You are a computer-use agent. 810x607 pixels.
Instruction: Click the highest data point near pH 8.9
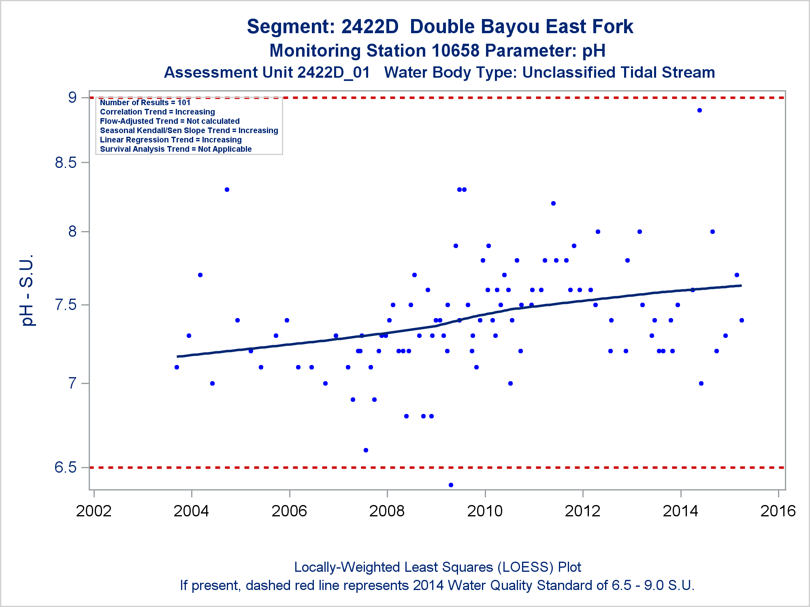pyautogui.click(x=699, y=110)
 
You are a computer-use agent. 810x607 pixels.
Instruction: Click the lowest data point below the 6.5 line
pyautogui.click(x=451, y=485)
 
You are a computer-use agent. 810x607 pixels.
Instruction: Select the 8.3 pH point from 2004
pyautogui.click(x=227, y=189)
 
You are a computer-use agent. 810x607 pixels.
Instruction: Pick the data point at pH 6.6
pyautogui.click(x=366, y=450)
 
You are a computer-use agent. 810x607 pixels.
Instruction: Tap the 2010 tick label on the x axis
pyautogui.click(x=485, y=511)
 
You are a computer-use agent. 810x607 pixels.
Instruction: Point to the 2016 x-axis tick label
pyautogui.click(x=778, y=511)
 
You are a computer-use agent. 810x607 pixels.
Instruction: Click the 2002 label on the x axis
pyautogui.click(x=94, y=511)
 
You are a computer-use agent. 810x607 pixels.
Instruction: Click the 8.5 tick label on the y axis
pyautogui.click(x=66, y=163)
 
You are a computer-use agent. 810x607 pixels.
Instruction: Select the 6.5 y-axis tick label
pyautogui.click(x=66, y=467)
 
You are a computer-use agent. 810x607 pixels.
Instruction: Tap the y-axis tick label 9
pyautogui.click(x=72, y=98)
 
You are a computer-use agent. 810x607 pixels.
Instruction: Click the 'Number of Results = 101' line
pyautogui.click(x=145, y=103)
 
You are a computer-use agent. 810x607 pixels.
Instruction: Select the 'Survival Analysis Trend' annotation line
pyautogui.click(x=176, y=149)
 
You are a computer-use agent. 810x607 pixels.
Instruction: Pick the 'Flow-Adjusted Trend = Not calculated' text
pyautogui.click(x=170, y=121)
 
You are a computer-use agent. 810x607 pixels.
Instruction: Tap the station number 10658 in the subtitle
pyautogui.click(x=456, y=51)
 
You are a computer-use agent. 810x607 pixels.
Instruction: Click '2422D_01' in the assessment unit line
pyautogui.click(x=333, y=73)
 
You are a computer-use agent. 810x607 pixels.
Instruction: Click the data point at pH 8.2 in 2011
pyautogui.click(x=553, y=203)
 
